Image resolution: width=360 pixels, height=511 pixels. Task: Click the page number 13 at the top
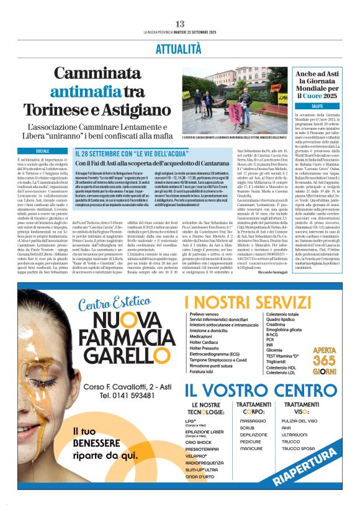(x=180, y=24)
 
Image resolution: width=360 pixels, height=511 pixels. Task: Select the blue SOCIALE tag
(x=43, y=151)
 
